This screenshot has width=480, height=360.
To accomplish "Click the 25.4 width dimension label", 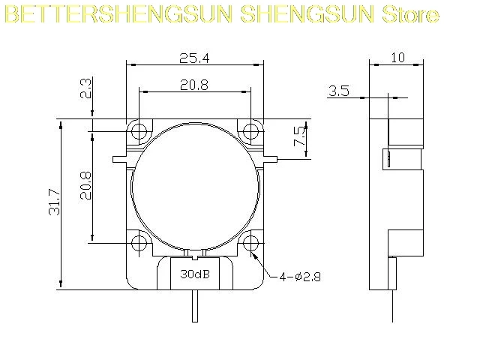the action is [194, 58].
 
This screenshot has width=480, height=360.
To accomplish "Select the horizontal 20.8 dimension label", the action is [194, 85].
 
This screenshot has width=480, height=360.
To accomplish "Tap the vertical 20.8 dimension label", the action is [86, 185].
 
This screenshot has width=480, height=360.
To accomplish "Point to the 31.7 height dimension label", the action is [55, 202].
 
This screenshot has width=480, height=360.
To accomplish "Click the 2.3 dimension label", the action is [85, 88].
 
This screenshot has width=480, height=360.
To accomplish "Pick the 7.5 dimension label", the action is [300, 136].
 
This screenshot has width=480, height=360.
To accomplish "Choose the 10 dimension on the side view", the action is [398, 58].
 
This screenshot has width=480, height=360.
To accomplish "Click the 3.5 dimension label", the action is [339, 91].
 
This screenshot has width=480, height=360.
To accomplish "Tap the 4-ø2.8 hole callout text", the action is [300, 277].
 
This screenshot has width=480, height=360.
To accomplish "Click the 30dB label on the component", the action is [195, 274].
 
